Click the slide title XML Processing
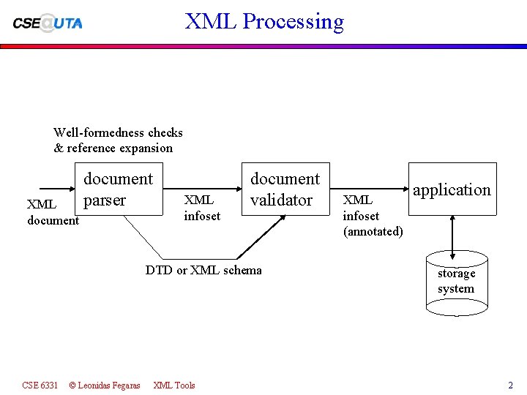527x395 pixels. (x=264, y=21)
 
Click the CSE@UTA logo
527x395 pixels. (x=48, y=23)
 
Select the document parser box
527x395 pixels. (x=118, y=189)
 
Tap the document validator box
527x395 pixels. (x=285, y=189)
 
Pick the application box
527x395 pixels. (x=452, y=189)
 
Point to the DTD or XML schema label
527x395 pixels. (x=203, y=270)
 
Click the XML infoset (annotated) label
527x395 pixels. (x=373, y=216)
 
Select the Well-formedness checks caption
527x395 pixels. (x=118, y=132)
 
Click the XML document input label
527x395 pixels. (x=53, y=212)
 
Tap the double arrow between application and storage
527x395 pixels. (x=453, y=235)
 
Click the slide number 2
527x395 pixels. (x=510, y=385)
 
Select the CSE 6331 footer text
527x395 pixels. (x=40, y=385)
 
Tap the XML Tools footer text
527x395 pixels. (x=174, y=385)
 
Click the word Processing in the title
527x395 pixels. (x=293, y=21)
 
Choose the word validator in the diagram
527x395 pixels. (x=282, y=200)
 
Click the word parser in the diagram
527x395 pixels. (x=105, y=200)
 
